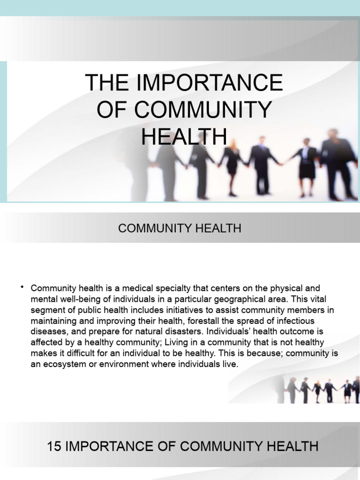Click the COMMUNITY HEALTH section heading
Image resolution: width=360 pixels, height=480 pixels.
180,228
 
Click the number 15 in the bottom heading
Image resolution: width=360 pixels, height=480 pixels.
55,446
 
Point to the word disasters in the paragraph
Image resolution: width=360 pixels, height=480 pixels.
174,331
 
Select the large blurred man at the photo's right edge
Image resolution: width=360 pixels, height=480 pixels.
337,162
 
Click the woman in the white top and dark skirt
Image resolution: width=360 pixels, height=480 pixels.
307,164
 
